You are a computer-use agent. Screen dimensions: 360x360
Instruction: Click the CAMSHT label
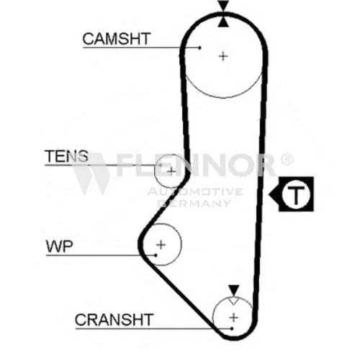pos(117,39)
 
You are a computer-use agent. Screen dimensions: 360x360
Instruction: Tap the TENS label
pos(66,156)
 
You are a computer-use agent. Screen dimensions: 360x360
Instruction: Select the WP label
pos(59,246)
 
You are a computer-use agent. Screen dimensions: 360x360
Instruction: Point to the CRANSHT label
pos(114,320)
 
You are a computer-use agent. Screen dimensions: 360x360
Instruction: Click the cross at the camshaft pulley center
pos(223,57)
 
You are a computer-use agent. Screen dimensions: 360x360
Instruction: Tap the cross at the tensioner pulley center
pos(171,171)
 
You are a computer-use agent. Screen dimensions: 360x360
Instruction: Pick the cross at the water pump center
pos(161,245)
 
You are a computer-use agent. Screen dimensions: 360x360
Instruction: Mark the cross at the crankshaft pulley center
pos(233,318)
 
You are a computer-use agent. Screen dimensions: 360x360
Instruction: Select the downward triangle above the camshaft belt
pos(223,5)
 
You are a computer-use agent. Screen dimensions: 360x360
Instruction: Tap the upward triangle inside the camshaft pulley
pos(223,22)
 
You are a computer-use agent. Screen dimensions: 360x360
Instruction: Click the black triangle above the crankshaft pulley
pos(234,290)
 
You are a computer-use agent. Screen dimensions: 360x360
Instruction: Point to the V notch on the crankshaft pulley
pos(233,301)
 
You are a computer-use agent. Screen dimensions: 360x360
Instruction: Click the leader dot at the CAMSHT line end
pos(199,48)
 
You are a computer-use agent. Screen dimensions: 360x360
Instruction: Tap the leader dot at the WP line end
pos(156,255)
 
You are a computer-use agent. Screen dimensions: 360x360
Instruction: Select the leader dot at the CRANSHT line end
pos(232,328)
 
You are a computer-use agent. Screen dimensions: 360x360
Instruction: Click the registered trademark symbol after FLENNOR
pos(287,159)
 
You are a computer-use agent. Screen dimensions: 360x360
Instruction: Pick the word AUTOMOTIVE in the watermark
pos(195,192)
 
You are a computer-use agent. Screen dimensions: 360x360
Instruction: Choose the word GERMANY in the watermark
pos(194,204)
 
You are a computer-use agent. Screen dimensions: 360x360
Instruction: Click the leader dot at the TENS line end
pos(161,165)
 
